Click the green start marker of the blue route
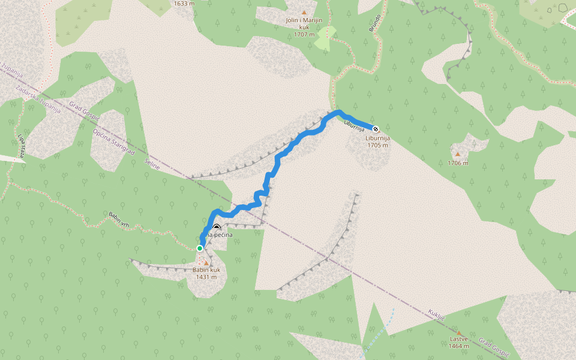[x=200, y=248]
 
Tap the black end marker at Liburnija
[x=376, y=128]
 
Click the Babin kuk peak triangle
[x=206, y=263]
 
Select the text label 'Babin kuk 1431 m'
[x=206, y=274]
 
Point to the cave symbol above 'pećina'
[x=216, y=227]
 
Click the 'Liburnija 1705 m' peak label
[x=378, y=142]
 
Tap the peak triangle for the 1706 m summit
[x=457, y=154]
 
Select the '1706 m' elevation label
[x=458, y=163]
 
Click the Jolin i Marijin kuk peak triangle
[x=304, y=12]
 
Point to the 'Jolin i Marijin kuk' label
[x=304, y=27]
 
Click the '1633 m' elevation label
[x=184, y=4]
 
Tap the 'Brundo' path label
[x=374, y=25]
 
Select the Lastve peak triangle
[x=459, y=332]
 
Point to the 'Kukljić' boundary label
[x=436, y=314]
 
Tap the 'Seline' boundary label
[x=152, y=164]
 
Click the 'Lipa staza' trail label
[x=21, y=146]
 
